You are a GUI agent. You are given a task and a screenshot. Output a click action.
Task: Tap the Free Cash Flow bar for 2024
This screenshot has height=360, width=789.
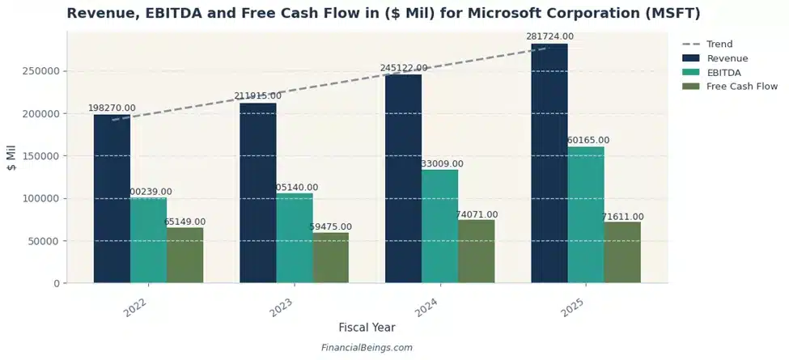(x=476, y=252)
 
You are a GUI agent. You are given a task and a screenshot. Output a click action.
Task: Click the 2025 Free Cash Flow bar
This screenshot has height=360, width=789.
(x=621, y=252)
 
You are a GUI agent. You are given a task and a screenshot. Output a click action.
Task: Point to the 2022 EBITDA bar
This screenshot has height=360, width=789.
(x=148, y=240)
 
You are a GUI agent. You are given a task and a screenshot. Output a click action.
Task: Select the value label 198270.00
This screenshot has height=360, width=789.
(x=112, y=108)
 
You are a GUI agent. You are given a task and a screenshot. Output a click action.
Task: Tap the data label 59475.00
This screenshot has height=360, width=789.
(x=331, y=227)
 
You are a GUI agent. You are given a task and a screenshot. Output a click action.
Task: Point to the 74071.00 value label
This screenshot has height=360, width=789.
(x=477, y=214)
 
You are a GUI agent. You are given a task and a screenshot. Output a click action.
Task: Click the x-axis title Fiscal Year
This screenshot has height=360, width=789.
(x=367, y=328)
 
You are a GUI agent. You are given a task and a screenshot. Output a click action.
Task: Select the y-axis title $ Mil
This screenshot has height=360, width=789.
(x=12, y=156)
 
